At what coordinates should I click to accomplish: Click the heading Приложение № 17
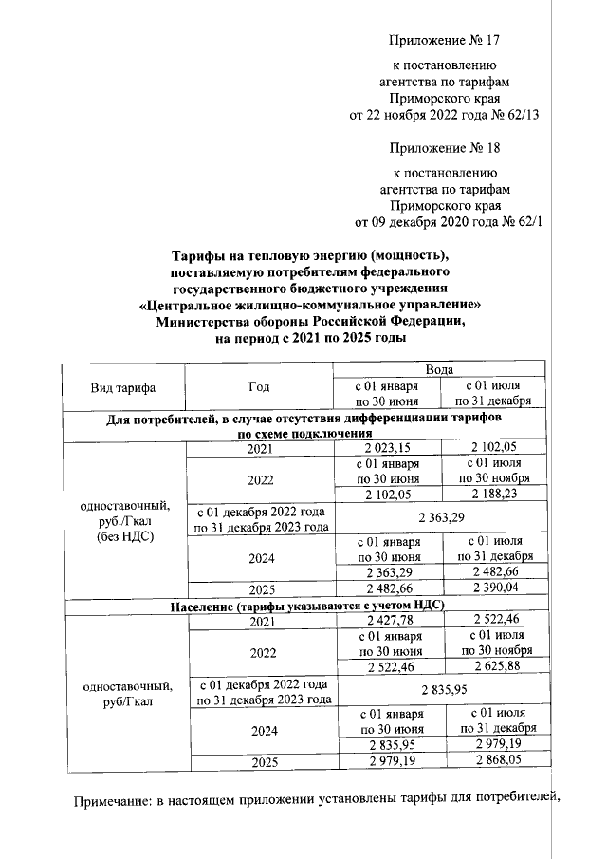pyautogui.click(x=444, y=41)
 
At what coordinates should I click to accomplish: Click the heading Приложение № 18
pyautogui.click(x=444, y=149)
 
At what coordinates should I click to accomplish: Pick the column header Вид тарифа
pyautogui.click(x=123, y=387)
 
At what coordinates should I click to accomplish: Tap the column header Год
pyautogui.click(x=259, y=387)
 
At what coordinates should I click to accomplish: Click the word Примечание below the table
pyautogui.click(x=113, y=808)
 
